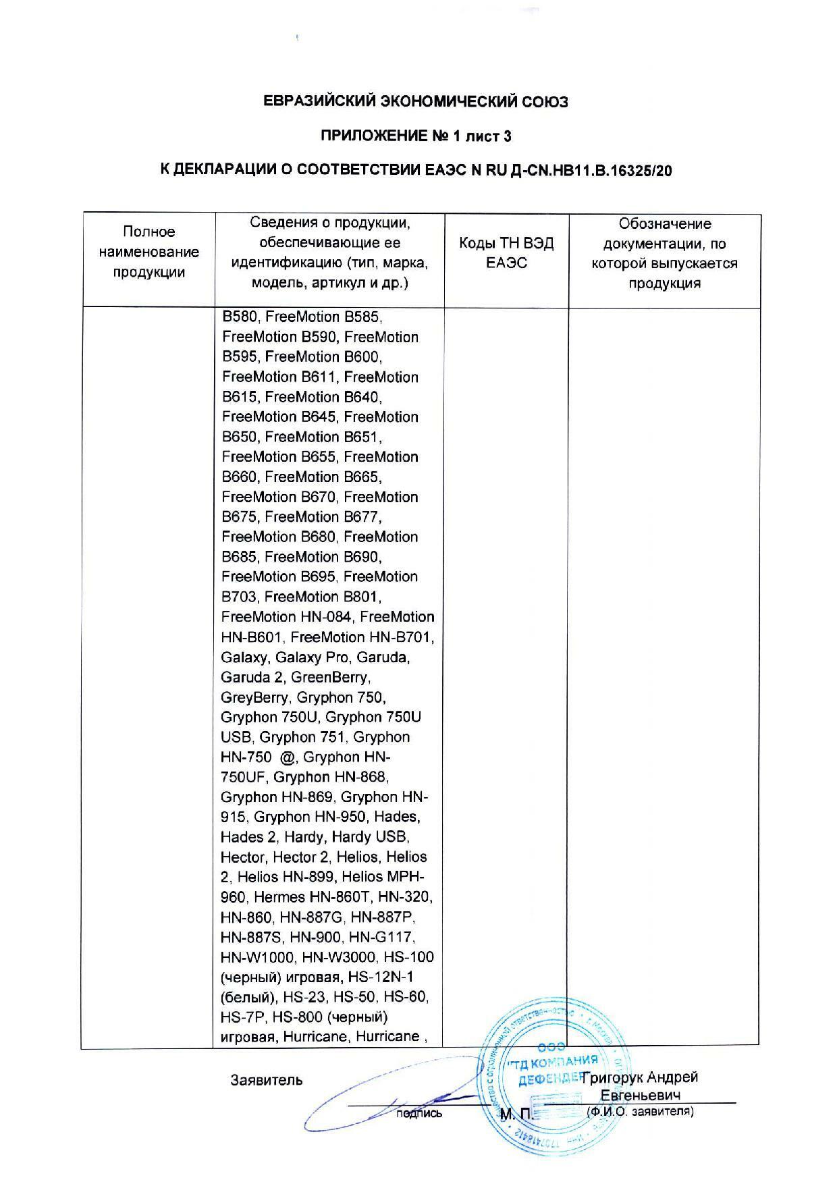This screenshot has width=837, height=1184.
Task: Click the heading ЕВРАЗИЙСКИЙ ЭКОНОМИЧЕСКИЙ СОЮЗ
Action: coord(415,102)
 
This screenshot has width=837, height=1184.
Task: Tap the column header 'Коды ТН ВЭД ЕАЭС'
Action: coord(506,253)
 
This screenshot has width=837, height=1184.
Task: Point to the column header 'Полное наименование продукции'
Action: coord(148,252)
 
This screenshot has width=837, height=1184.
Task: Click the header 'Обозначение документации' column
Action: coord(664,253)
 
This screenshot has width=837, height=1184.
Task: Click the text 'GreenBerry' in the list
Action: coord(329,677)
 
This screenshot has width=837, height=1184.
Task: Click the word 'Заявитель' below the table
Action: coord(266,1080)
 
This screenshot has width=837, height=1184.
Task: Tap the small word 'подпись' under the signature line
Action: coord(420,1114)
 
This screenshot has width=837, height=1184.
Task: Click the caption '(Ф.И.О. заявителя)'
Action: coord(640,1111)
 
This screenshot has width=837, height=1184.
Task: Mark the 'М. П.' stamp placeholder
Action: coord(516,1114)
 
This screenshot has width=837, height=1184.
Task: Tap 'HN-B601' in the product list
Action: coord(251,637)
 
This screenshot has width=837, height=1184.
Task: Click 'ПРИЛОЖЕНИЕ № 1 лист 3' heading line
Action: coord(415,136)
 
